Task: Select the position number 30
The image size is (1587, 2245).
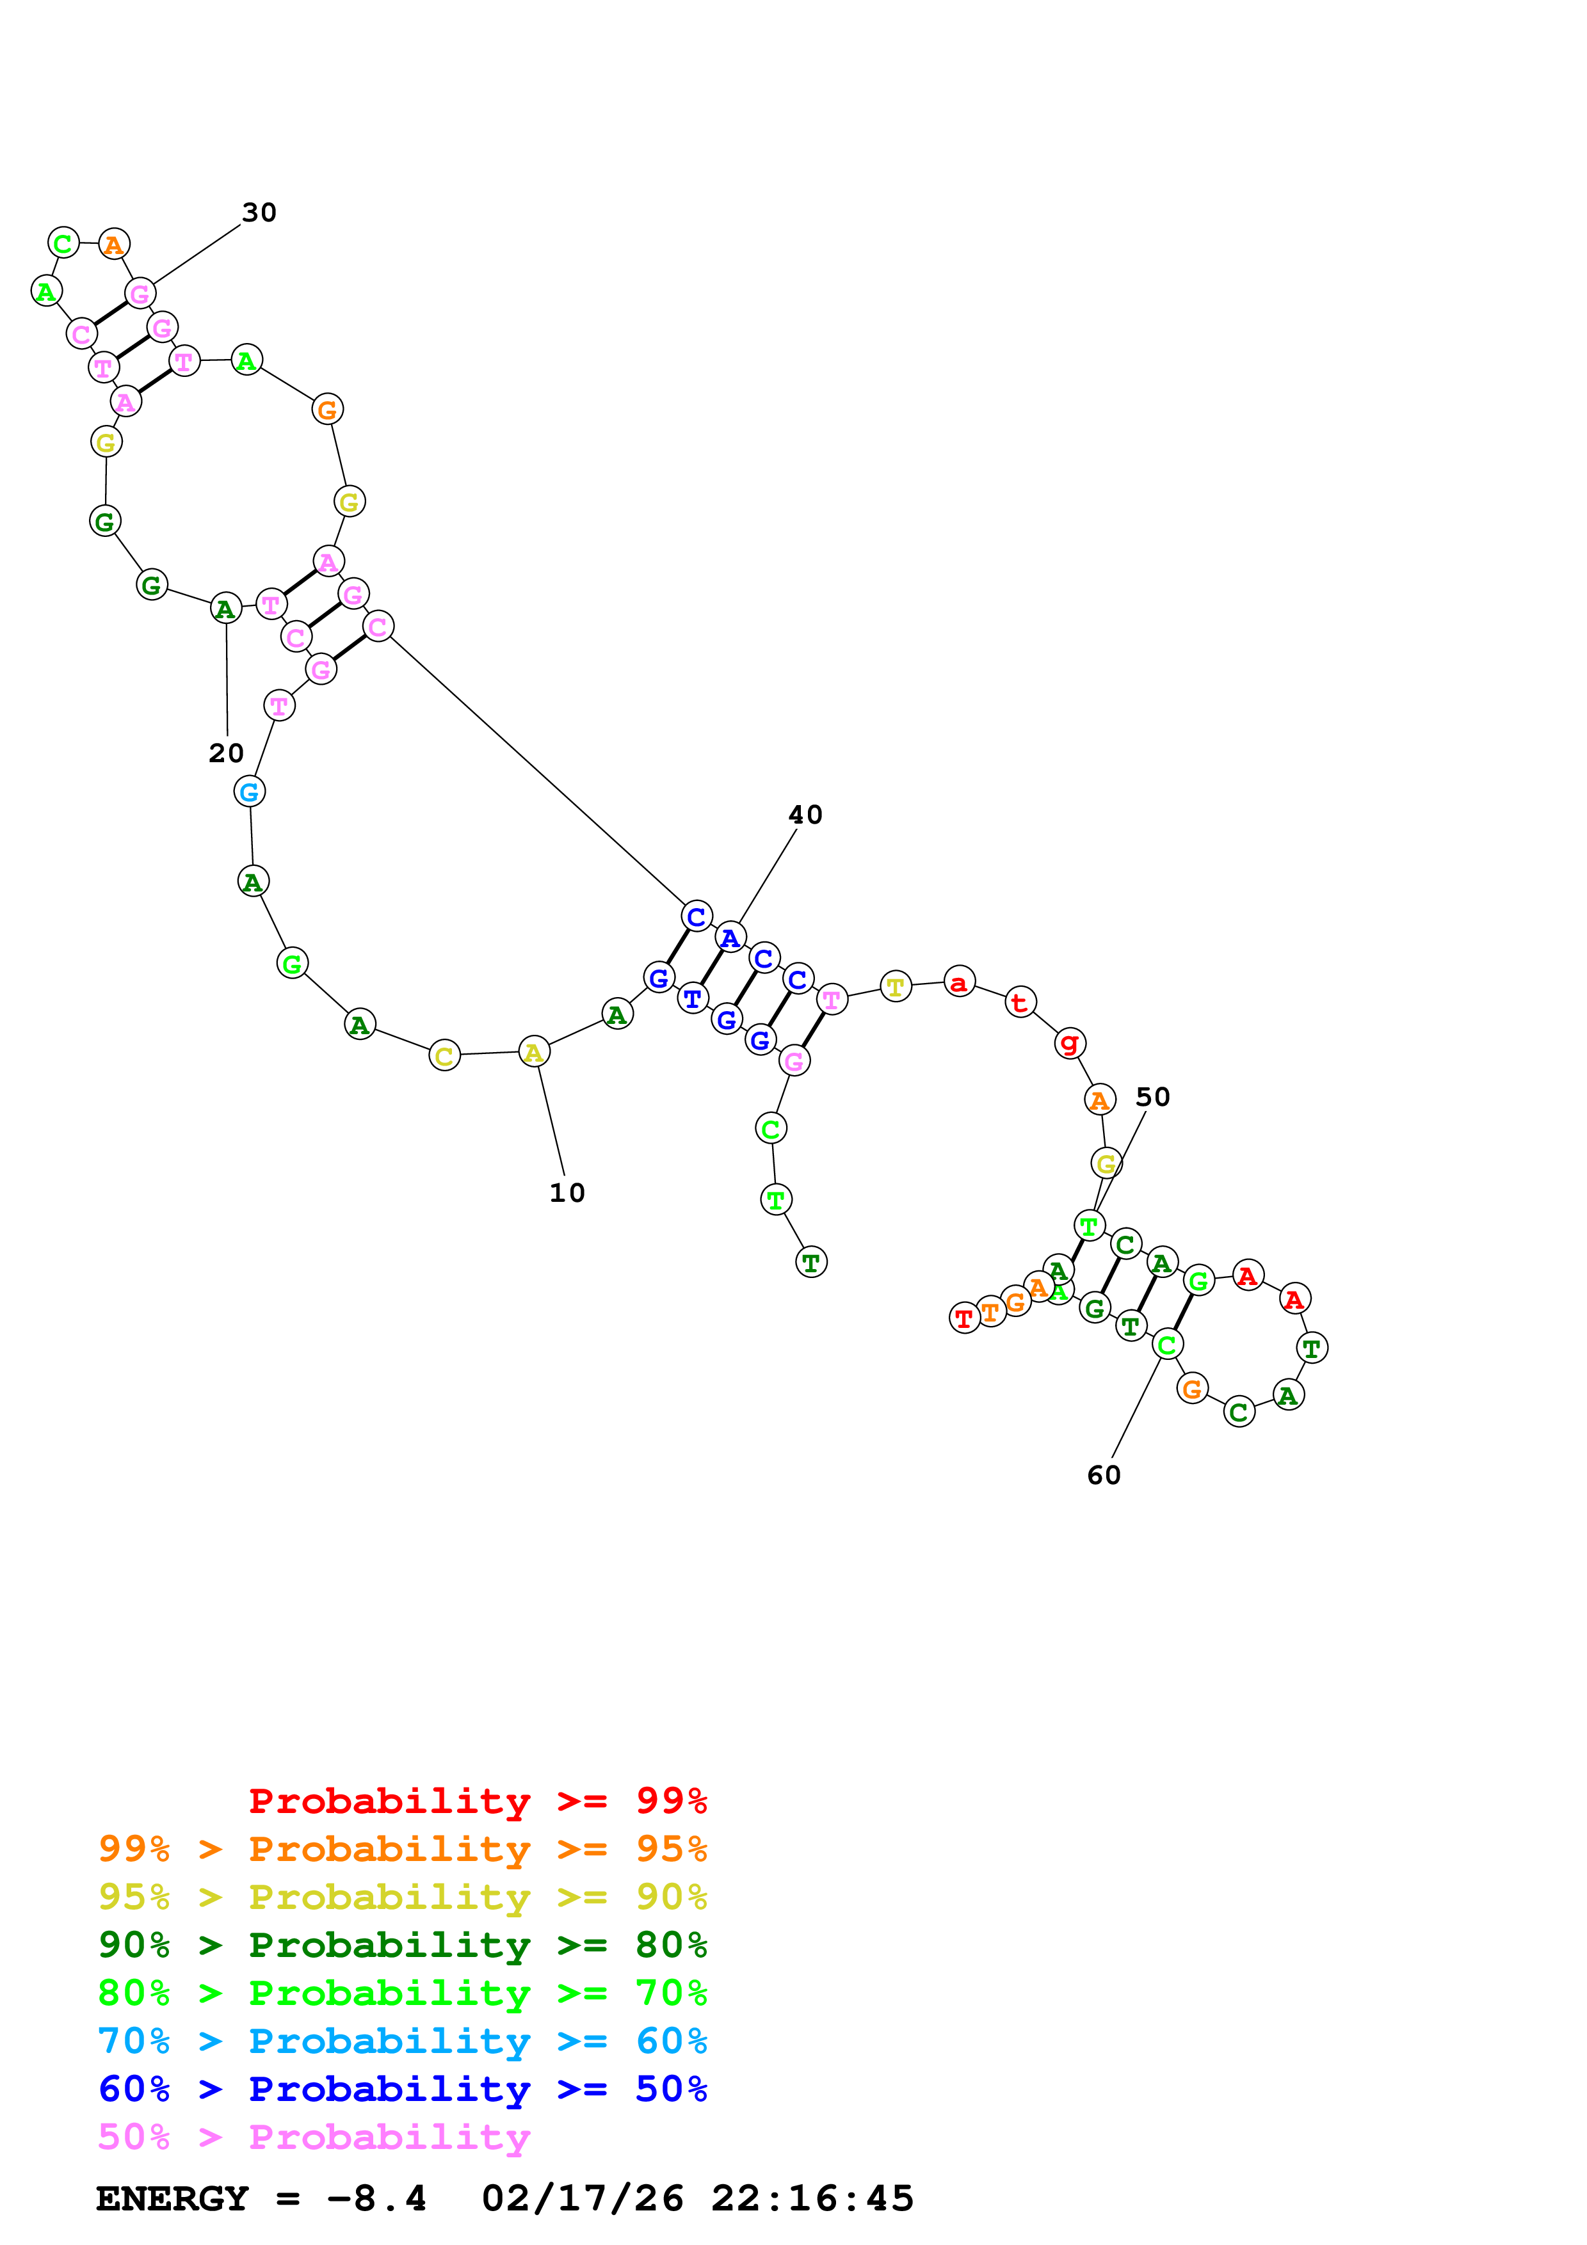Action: [259, 212]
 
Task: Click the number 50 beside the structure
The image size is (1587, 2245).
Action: [1152, 1097]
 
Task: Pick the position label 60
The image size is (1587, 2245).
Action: [1104, 1476]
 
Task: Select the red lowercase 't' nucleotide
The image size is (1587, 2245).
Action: [1020, 1002]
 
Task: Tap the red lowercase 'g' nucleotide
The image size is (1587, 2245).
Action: [1070, 1043]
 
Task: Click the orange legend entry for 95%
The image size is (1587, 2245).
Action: [402, 1849]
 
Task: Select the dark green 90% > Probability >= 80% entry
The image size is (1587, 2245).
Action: [402, 1945]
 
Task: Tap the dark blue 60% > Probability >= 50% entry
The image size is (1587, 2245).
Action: [402, 2089]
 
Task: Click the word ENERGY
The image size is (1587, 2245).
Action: [172, 2198]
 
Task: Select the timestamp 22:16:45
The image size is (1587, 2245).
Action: [812, 2198]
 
